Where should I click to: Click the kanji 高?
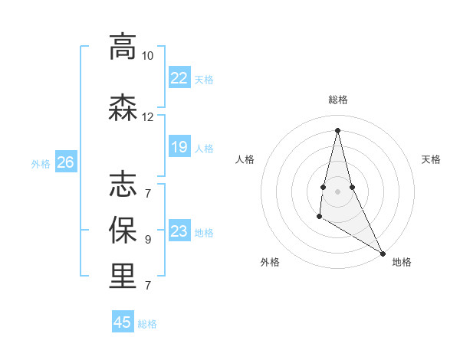[123, 47]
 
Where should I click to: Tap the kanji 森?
[123, 107]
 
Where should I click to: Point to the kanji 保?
[123, 230]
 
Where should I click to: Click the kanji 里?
[123, 276]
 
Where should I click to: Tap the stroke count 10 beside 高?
[147, 56]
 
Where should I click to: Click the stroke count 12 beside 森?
[147, 117]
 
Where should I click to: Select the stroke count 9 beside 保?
[147, 240]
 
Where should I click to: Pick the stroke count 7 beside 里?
[147, 286]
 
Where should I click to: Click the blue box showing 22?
[179, 78]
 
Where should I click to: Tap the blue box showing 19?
[179, 147]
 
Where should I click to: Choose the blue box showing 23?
[179, 231]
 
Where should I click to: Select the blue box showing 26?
[65, 162]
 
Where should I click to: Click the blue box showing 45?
[123, 322]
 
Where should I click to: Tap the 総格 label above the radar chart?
[337, 100]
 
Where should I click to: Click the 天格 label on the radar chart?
[431, 159]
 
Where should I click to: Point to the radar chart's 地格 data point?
[383, 254]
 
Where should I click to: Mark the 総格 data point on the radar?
[337, 129]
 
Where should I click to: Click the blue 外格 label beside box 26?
[41, 163]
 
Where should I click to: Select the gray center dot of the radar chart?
[337, 191]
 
